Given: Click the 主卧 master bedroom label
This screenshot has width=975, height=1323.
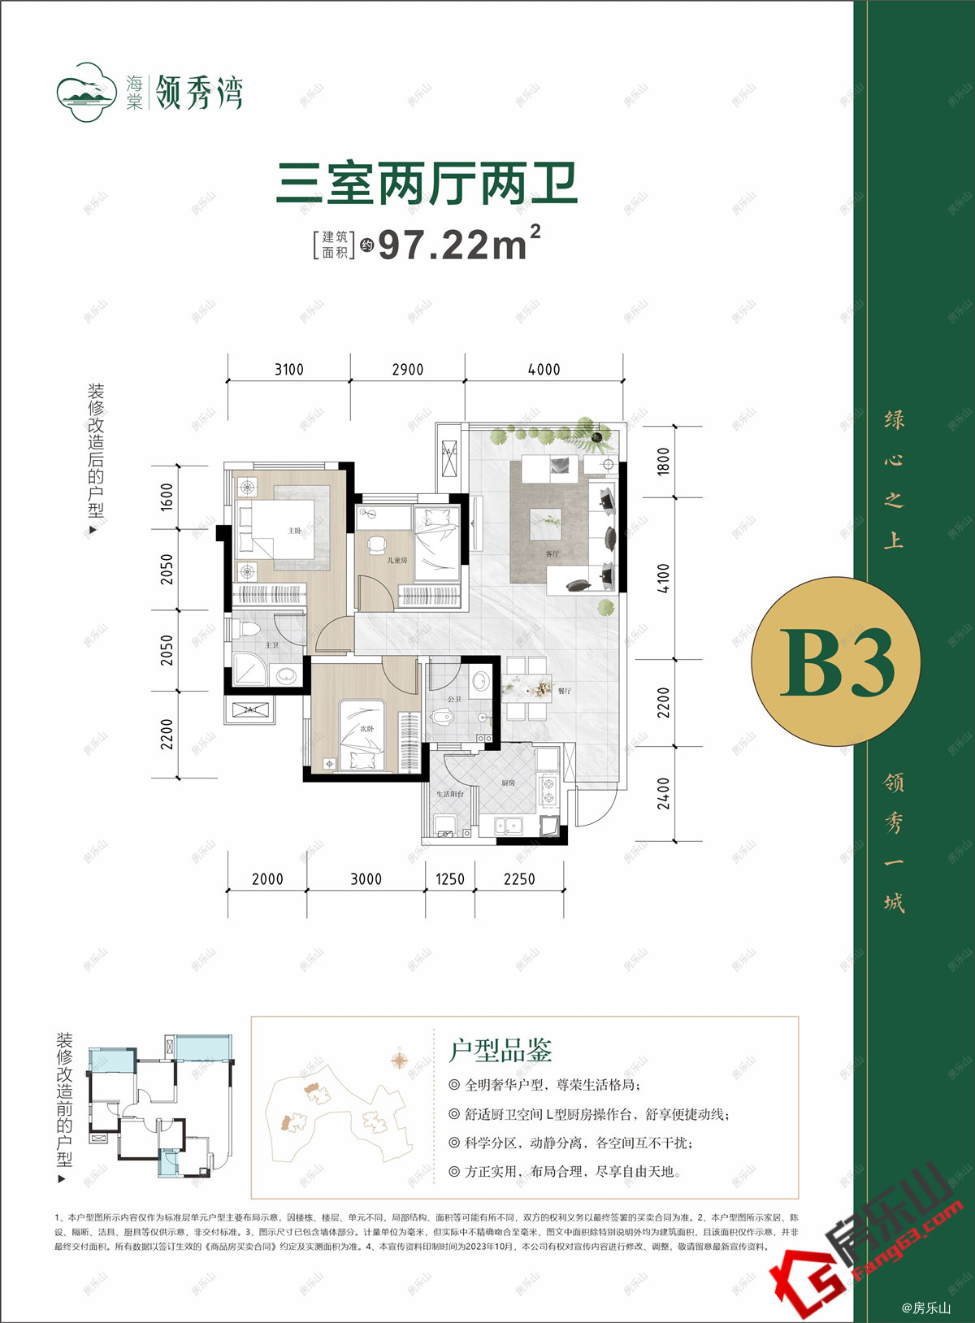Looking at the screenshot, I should pos(295,531).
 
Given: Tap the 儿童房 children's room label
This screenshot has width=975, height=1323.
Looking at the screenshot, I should pos(397,561).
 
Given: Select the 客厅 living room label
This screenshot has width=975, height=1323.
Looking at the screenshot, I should pos(552,553).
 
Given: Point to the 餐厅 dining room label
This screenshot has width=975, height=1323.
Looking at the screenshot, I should pos(565,691).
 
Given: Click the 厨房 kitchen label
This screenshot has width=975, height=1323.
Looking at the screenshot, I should pos(508,783).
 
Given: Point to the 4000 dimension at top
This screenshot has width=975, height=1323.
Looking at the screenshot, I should pos(544,370).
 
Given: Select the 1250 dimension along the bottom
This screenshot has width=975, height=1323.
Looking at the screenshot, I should pos(450,879).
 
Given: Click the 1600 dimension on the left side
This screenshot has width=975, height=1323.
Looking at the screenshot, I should pos(167,497).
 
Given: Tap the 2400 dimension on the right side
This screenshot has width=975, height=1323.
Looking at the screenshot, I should pos(664,792).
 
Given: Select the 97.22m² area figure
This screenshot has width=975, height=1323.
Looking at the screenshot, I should pos(459,244).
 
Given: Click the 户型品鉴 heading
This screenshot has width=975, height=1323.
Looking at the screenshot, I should pos(500,1050).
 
